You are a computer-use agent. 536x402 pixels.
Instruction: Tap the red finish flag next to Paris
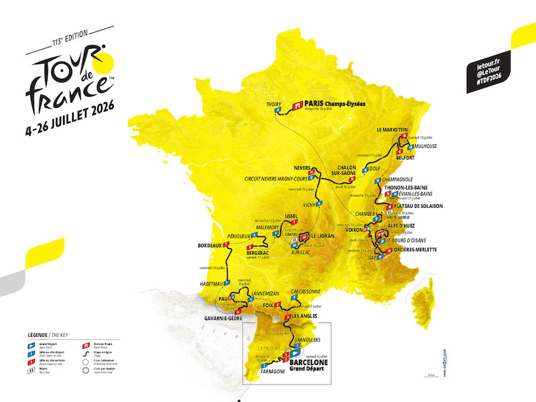coord(297,105)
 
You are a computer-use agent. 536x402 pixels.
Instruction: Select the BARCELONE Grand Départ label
coord(309,364)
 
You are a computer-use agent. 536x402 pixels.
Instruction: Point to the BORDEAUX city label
coord(209,245)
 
